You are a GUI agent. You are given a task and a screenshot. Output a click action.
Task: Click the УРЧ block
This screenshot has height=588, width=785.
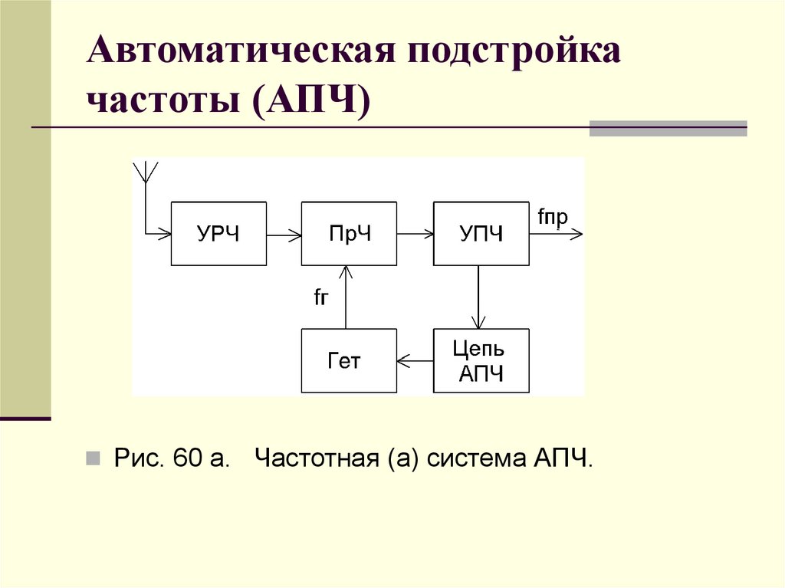218,234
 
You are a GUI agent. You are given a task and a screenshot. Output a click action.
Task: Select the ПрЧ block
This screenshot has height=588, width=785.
350,234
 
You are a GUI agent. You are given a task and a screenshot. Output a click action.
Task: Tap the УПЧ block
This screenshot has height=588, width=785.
481,234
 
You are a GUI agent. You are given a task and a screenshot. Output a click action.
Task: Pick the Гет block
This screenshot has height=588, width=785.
350,360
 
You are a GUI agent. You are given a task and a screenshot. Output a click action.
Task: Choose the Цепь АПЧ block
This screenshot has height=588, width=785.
481,360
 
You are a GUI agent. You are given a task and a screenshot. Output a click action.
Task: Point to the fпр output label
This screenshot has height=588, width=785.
552,218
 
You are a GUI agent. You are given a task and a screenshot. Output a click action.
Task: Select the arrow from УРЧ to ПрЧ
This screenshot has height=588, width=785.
284,234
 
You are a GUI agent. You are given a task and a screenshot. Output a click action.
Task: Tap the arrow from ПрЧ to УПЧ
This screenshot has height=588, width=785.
415,234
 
